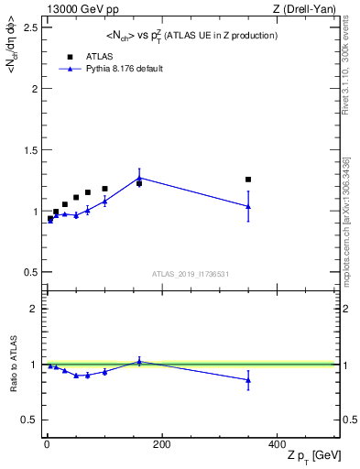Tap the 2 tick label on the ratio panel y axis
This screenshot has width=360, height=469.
(x=34, y=309)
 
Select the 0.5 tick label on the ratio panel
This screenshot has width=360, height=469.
(x=30, y=420)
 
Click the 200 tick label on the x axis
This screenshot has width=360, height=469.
(x=161, y=443)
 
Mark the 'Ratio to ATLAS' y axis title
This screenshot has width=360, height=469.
(x=12, y=365)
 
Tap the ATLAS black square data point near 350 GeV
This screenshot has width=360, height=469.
(x=248, y=180)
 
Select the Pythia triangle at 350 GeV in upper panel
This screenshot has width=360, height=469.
(x=248, y=206)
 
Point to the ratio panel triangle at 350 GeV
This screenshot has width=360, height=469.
(x=248, y=380)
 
